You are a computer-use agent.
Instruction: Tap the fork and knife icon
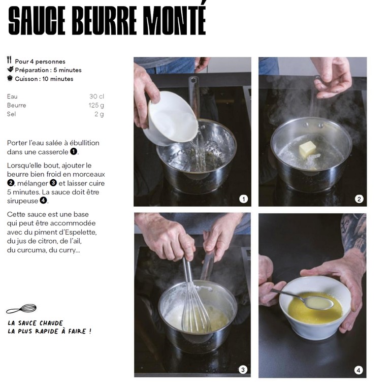[9, 60]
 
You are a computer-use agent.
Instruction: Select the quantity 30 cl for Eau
[96, 96]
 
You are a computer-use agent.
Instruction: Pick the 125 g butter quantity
[96, 105]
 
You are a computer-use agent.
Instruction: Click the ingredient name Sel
[12, 114]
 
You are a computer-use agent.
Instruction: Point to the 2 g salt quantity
[99, 114]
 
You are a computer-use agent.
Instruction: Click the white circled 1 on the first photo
[244, 199]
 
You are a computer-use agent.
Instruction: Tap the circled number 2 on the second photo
[359, 199]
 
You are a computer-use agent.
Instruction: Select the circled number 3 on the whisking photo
[243, 370]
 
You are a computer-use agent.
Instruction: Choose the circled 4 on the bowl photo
[359, 370]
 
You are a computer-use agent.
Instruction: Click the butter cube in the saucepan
[307, 149]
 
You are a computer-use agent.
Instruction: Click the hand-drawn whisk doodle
[21, 309]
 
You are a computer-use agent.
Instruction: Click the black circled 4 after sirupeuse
[44, 200]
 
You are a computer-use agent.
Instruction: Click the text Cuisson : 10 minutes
[44, 79]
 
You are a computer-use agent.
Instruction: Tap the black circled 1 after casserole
[73, 151]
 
